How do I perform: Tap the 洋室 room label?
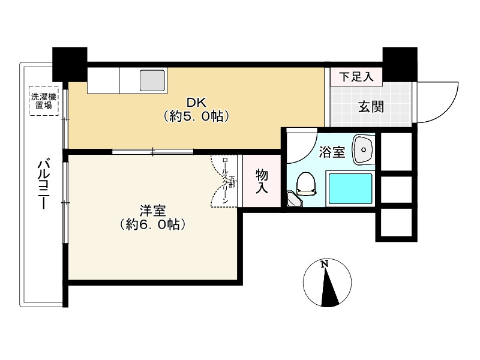click(x=152, y=211)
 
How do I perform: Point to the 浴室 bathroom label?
click(x=331, y=152)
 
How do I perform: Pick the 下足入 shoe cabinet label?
click(x=356, y=76)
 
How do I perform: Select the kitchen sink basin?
click(x=152, y=80)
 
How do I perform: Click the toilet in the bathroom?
click(x=307, y=183)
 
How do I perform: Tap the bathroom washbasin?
click(x=362, y=149)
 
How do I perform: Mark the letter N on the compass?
click(x=325, y=264)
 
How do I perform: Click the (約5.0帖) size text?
click(x=196, y=117)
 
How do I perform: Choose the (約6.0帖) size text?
click(x=152, y=225)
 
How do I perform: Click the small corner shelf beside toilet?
click(x=293, y=199)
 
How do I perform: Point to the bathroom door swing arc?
click(x=303, y=147)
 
